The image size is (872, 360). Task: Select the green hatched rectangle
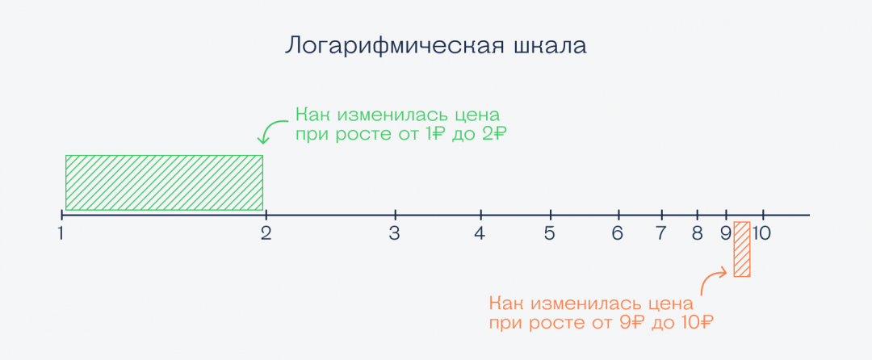(164, 182)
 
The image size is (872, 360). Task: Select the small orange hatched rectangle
(742, 249)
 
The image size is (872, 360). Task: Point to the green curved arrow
(272, 130)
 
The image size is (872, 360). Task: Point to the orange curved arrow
(711, 283)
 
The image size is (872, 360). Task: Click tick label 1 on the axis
(61, 234)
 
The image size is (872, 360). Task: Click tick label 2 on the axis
(265, 234)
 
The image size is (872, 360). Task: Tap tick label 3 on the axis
(394, 234)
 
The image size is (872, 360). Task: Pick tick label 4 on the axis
(480, 234)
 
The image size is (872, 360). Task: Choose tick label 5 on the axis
(550, 234)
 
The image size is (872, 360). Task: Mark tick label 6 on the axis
(618, 234)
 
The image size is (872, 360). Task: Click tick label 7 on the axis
(661, 234)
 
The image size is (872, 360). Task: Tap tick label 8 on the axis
(697, 234)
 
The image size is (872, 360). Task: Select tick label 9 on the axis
(725, 234)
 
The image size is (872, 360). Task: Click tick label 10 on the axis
(763, 234)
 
